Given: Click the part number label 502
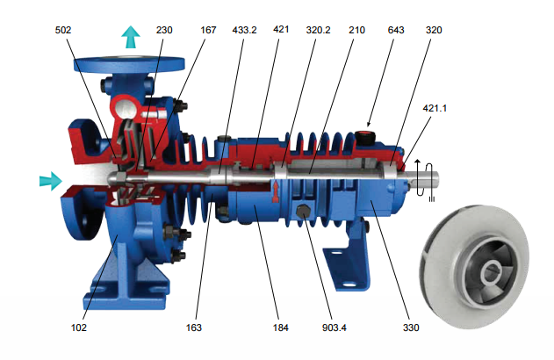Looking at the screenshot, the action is click(63, 30).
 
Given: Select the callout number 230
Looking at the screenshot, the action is click(164, 30).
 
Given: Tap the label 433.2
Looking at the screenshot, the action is click(244, 30).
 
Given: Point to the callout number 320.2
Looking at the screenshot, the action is click(319, 30).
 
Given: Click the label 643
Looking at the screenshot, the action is click(396, 30).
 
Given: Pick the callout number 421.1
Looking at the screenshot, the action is click(435, 108).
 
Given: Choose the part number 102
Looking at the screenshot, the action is click(79, 328).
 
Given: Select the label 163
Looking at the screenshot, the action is click(194, 328).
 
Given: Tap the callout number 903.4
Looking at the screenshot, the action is click(335, 328).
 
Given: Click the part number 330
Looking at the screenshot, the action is click(411, 328).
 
